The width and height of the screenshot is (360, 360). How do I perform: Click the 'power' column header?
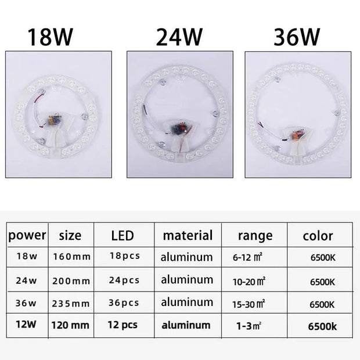coord(27,235)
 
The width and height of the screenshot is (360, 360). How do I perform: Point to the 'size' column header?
coord(70,236)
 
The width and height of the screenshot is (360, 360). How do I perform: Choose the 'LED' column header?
coord(122,236)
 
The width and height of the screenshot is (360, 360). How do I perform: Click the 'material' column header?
coord(188,235)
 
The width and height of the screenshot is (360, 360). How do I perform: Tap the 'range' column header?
coord(255,236)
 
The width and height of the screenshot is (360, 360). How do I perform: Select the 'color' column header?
coord(318,236)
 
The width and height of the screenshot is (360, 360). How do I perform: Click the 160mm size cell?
coord(71,256)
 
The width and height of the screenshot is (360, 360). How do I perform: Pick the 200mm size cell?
coord(71,280)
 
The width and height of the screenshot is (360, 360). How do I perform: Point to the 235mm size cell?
coord(71,303)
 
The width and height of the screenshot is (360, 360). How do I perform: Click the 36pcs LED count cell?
coord(124,303)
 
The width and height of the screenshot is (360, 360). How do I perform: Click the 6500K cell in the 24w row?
coord(323,282)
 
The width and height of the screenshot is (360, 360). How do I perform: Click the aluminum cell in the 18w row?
coord(186,257)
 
